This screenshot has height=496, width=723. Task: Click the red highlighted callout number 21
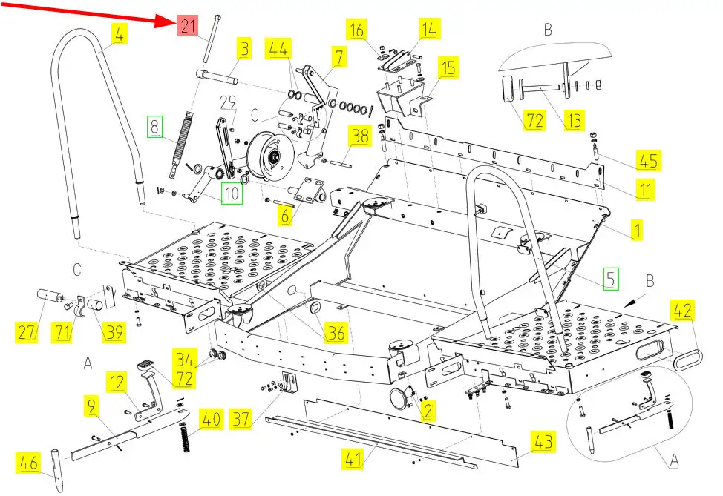[187, 27]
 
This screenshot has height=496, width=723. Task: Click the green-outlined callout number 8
[154, 126]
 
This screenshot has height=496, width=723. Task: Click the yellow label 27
[27, 333]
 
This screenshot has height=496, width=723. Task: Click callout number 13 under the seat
[573, 120]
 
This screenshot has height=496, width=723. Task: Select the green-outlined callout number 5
[609, 280]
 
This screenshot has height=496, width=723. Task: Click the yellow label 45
[647, 159]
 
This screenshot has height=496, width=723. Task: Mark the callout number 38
[359, 136]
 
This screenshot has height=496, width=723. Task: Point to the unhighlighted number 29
[227, 101]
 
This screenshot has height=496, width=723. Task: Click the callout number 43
[544, 443]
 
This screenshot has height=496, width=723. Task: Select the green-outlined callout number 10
[232, 194]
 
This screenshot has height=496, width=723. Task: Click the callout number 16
[357, 30]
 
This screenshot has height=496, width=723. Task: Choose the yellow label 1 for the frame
[635, 231]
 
